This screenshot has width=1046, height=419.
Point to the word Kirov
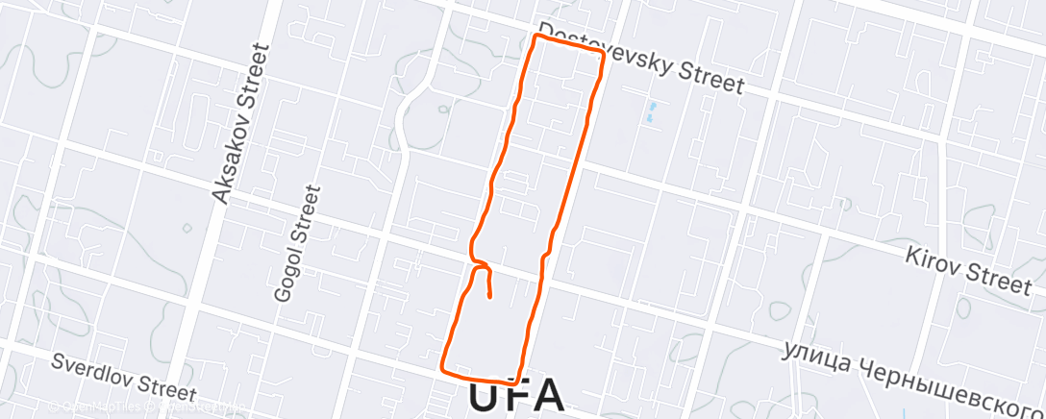pos(935,260)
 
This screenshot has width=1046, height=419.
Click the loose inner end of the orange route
pos(490,297)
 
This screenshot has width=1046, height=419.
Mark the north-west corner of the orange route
pos(535,37)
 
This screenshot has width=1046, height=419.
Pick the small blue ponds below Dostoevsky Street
pos(652,112)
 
